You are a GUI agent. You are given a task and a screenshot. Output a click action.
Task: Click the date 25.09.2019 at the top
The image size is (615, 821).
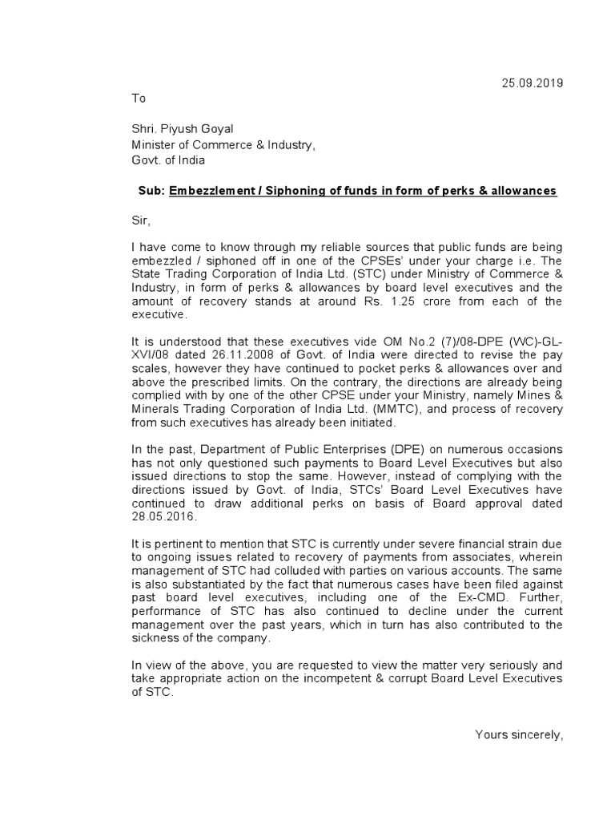pos(533,83)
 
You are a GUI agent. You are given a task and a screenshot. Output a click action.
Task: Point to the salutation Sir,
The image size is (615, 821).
pos(141,218)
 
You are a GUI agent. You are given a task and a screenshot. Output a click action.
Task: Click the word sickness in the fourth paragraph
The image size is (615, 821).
pos(157,638)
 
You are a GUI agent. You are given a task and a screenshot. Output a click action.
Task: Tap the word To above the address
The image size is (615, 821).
pos(139,98)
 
